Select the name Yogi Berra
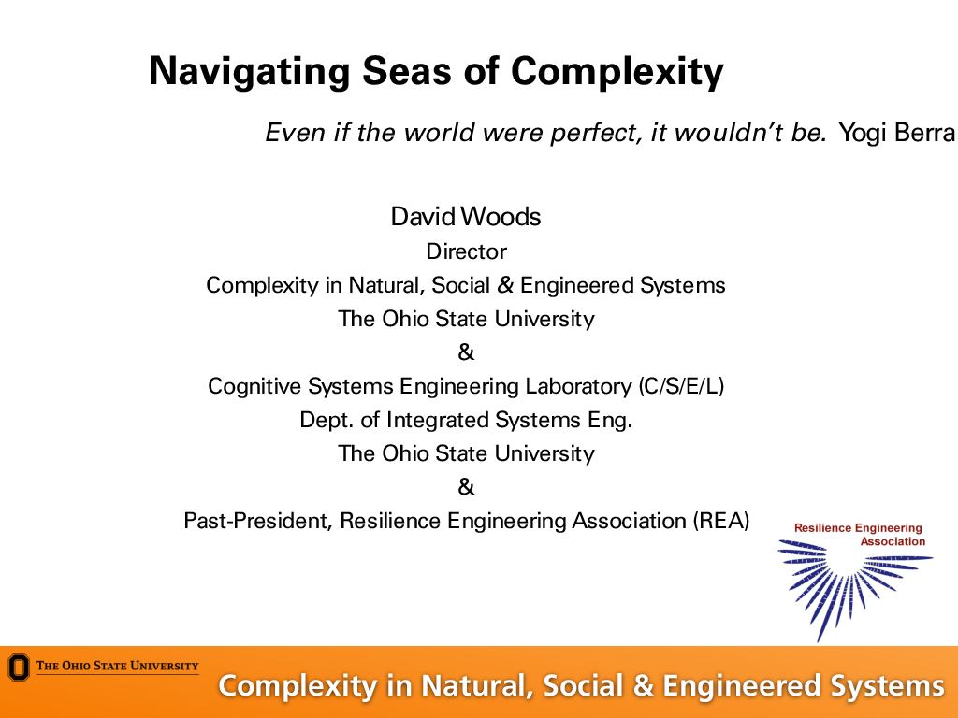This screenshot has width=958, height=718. click(x=896, y=133)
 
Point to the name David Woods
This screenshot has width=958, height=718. click(x=466, y=217)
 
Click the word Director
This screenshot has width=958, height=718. click(x=466, y=251)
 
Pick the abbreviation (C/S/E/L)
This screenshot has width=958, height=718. click(x=681, y=386)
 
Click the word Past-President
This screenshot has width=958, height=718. click(x=258, y=522)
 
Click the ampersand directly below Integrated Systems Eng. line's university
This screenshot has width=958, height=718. click(x=466, y=487)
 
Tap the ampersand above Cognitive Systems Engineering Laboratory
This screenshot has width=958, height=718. click(x=466, y=352)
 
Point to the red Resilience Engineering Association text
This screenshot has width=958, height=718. click(x=860, y=534)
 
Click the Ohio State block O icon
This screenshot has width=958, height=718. click(x=19, y=668)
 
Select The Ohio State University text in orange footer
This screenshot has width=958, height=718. click(x=117, y=666)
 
